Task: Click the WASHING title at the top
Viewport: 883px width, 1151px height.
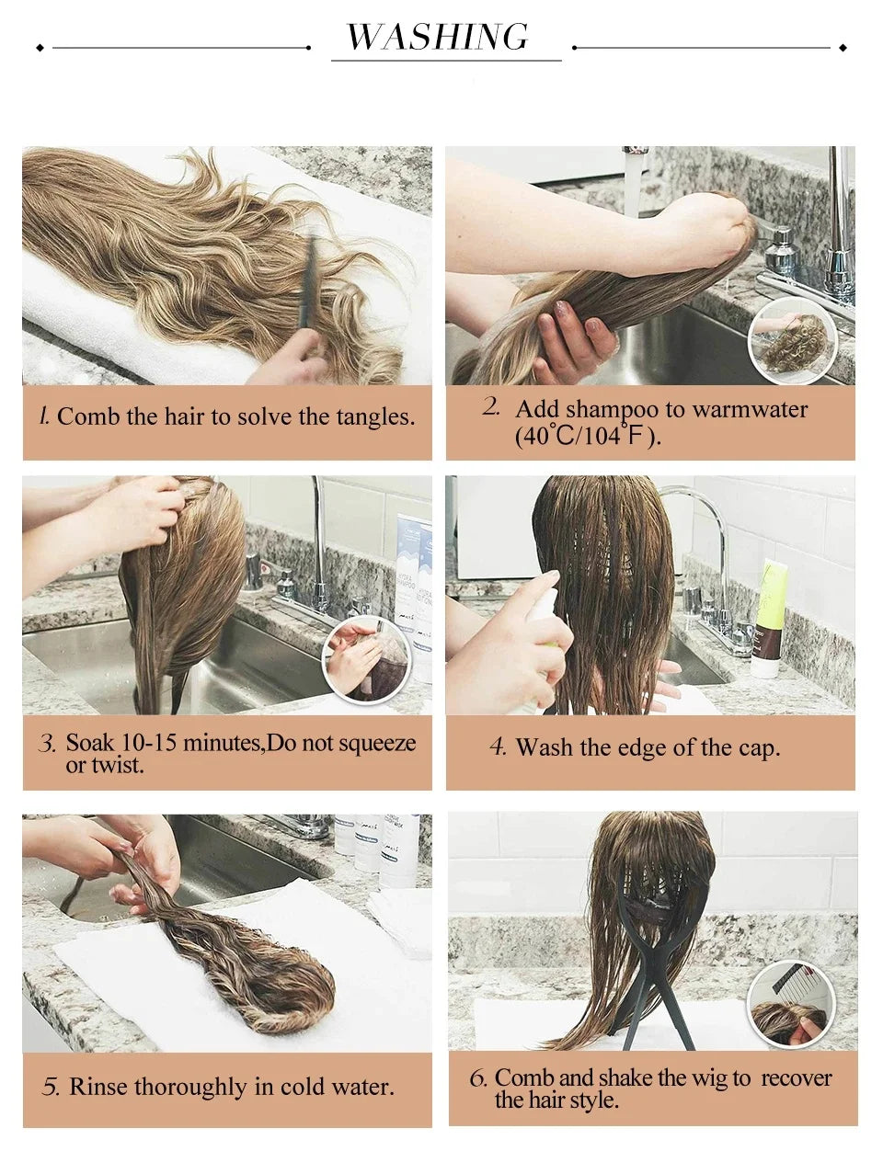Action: pyautogui.click(x=438, y=37)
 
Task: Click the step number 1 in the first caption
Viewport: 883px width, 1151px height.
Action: pyautogui.click(x=43, y=416)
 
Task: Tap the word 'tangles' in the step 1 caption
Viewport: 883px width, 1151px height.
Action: pyautogui.click(x=372, y=416)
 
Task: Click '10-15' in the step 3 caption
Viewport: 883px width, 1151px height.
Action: pyautogui.click(x=147, y=743)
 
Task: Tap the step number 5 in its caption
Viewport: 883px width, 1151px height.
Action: pyautogui.click(x=51, y=1088)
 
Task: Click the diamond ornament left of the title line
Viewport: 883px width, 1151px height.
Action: pyautogui.click(x=40, y=46)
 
